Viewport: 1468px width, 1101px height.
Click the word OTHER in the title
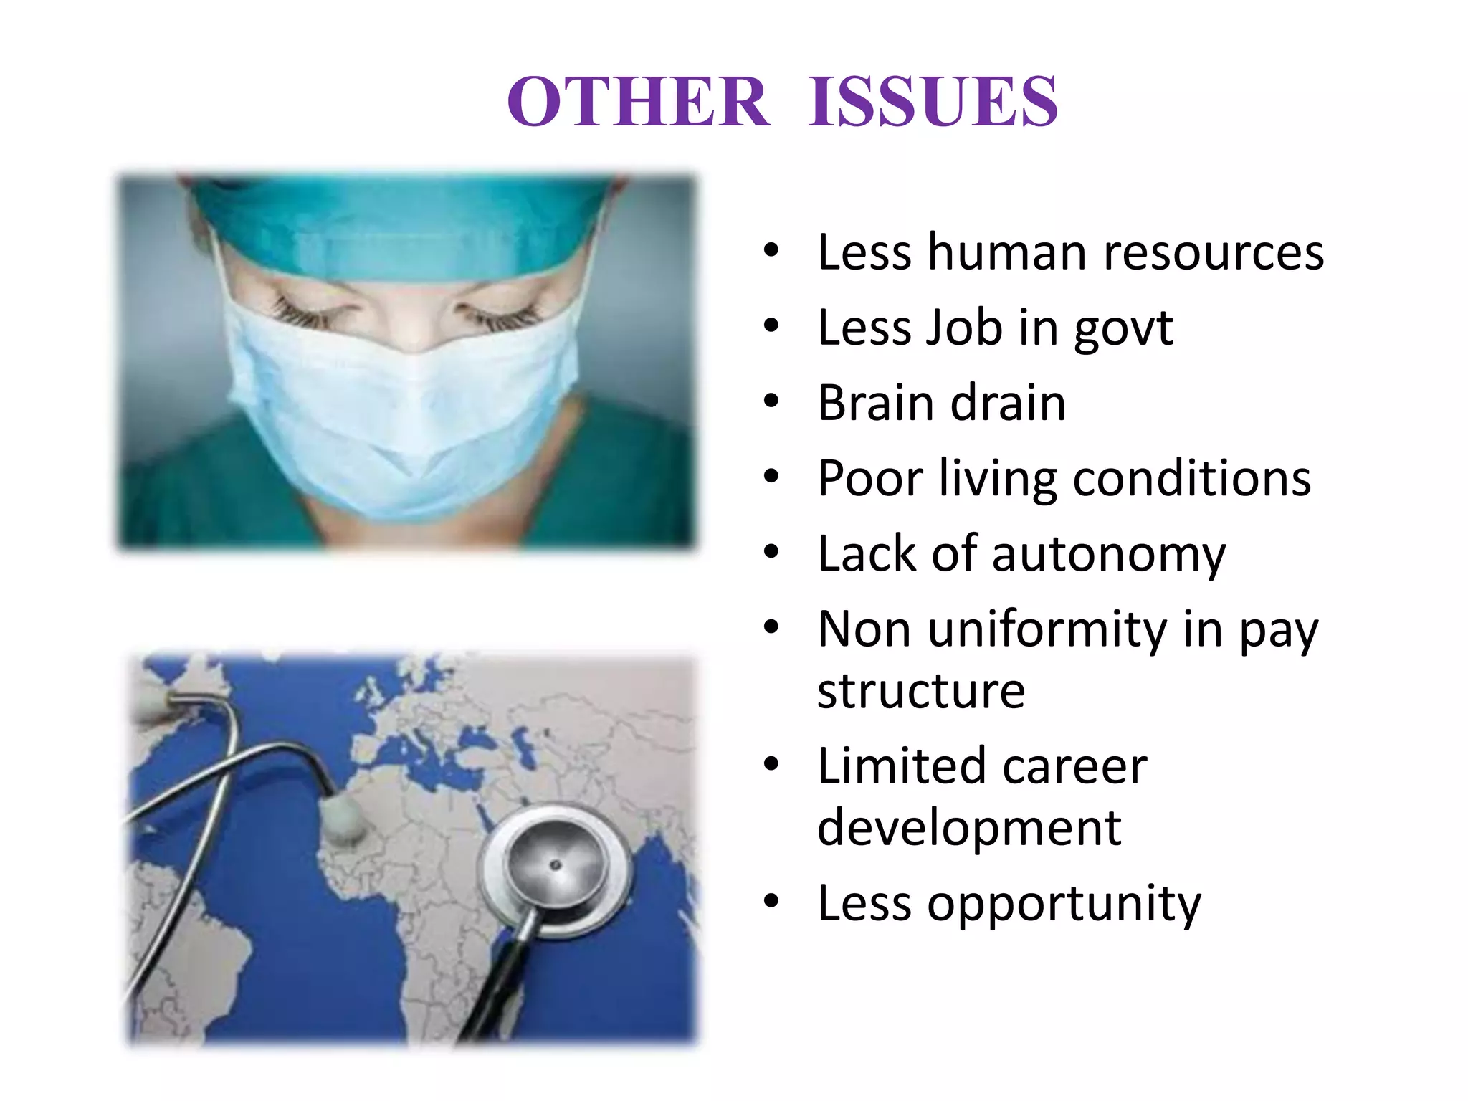638,102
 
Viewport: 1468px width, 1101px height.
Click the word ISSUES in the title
933,102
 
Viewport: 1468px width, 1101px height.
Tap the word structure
921,691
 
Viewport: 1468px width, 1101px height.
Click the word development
969,828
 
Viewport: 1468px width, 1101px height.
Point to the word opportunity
1064,905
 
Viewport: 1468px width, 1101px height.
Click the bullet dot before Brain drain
771,401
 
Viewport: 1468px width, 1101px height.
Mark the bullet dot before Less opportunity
771,901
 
